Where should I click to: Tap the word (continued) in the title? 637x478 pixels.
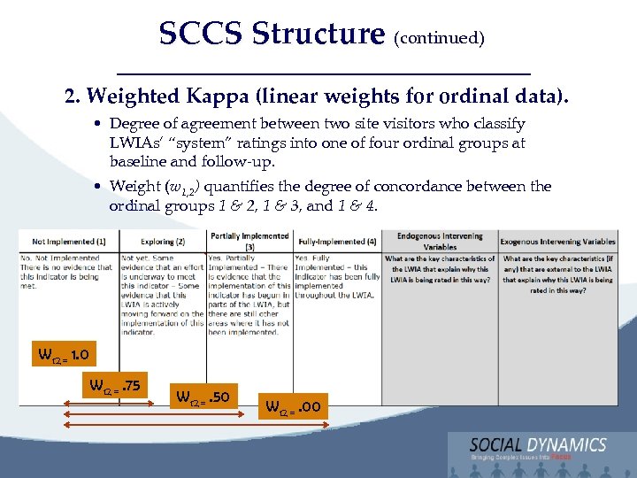pyautogui.click(x=439, y=38)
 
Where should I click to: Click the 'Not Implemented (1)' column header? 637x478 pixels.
pyautogui.click(x=69, y=241)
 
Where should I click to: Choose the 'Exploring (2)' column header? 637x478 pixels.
pyautogui.click(x=163, y=241)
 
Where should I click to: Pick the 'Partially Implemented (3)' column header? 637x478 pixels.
pyautogui.click(x=249, y=241)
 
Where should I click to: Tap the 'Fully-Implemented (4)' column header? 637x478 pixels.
pyautogui.click(x=337, y=241)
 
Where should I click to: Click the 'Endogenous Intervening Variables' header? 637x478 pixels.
pyautogui.click(x=440, y=241)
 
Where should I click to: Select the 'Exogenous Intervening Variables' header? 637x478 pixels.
pyautogui.click(x=557, y=241)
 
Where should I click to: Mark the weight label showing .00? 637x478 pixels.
pyautogui.click(x=295, y=407)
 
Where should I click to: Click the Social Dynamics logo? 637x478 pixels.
pyautogui.click(x=538, y=449)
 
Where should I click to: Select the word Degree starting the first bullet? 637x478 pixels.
pyautogui.click(x=135, y=124)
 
